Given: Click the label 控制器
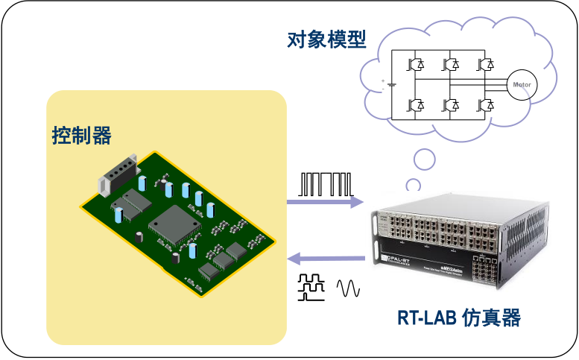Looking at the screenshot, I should (81, 136).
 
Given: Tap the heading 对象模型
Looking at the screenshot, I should (326, 40).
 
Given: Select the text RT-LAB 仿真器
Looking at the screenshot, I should (458, 318).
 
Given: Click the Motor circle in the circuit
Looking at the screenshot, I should (519, 84).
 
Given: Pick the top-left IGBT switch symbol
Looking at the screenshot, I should (416, 64).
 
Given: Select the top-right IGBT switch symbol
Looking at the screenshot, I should (486, 64).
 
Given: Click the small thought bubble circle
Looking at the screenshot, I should (425, 159).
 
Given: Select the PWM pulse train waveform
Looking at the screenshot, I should (324, 183).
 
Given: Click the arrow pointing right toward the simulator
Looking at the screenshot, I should (325, 202).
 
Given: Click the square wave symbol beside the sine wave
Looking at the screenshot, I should (313, 287).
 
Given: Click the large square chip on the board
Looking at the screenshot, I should (174, 221).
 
